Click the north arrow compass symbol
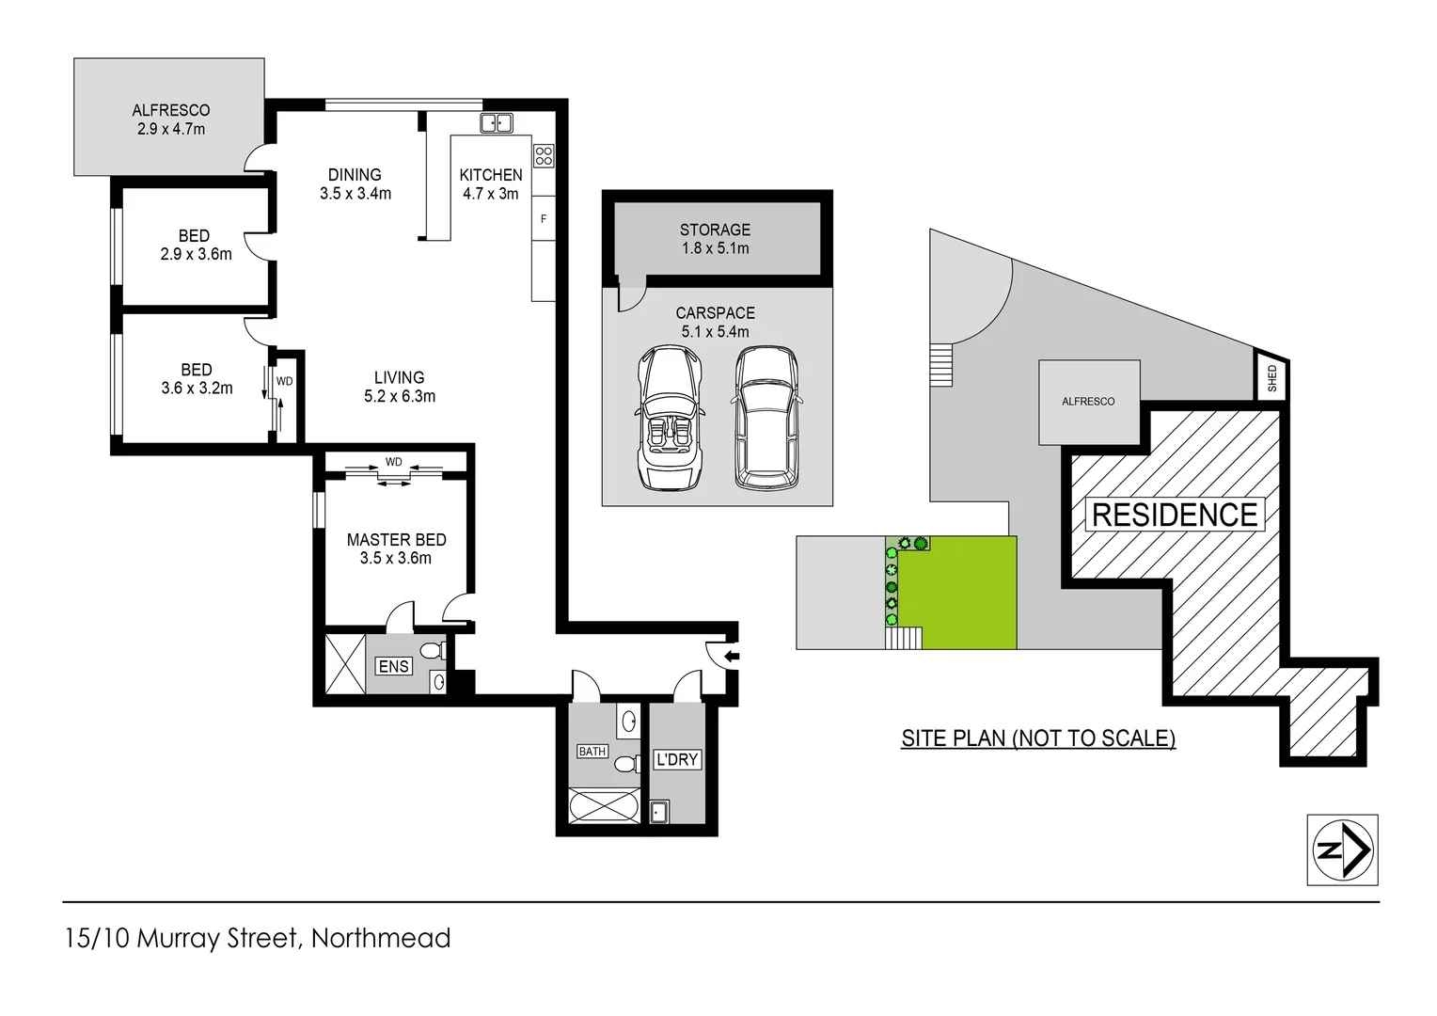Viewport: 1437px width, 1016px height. coord(1342,849)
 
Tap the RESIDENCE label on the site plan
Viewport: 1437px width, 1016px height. coord(1174,515)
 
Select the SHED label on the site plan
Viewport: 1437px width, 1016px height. coord(1271,378)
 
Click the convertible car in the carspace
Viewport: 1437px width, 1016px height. coord(670,418)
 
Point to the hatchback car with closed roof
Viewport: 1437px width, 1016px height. coord(766,418)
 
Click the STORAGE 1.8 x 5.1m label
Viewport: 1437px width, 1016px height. coord(715,239)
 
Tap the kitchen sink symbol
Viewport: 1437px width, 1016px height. coord(497,123)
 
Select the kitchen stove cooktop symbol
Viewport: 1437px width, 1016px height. coord(544,155)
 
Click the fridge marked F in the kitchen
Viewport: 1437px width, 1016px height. coord(544,219)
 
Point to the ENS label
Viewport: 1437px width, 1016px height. coord(393,666)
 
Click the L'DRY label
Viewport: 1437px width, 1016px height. coord(677,759)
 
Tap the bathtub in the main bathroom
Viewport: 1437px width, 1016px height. coord(604,807)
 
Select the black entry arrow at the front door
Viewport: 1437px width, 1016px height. coord(732,656)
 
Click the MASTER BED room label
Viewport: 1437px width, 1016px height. coord(396,548)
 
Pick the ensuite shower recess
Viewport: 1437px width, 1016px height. coord(344,664)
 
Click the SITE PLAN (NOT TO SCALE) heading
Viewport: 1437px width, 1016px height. coord(1038,738)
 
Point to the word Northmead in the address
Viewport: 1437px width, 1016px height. coord(381,938)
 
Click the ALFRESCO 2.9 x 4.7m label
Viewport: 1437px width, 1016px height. coord(170,119)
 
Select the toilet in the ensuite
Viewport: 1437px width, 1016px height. coord(433,651)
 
